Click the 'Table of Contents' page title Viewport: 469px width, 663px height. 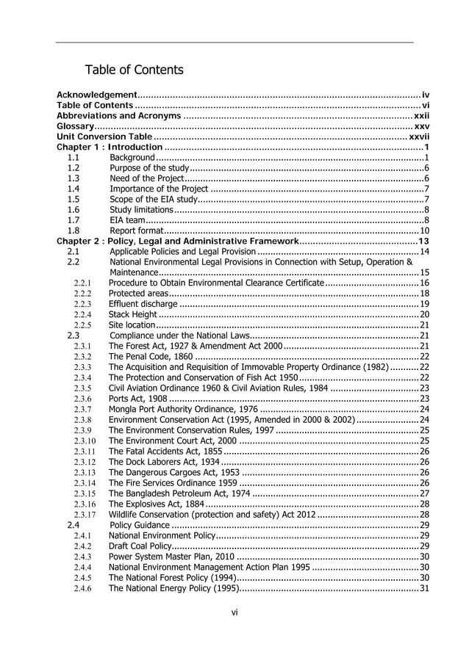coord(134,70)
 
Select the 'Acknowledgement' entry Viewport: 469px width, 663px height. coord(97,95)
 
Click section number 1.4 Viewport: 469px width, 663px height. coord(73,189)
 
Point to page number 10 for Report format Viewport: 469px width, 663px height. coord(424,231)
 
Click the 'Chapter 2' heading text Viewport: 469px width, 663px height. coord(176,241)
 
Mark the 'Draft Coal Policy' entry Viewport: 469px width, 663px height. coord(140,547)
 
